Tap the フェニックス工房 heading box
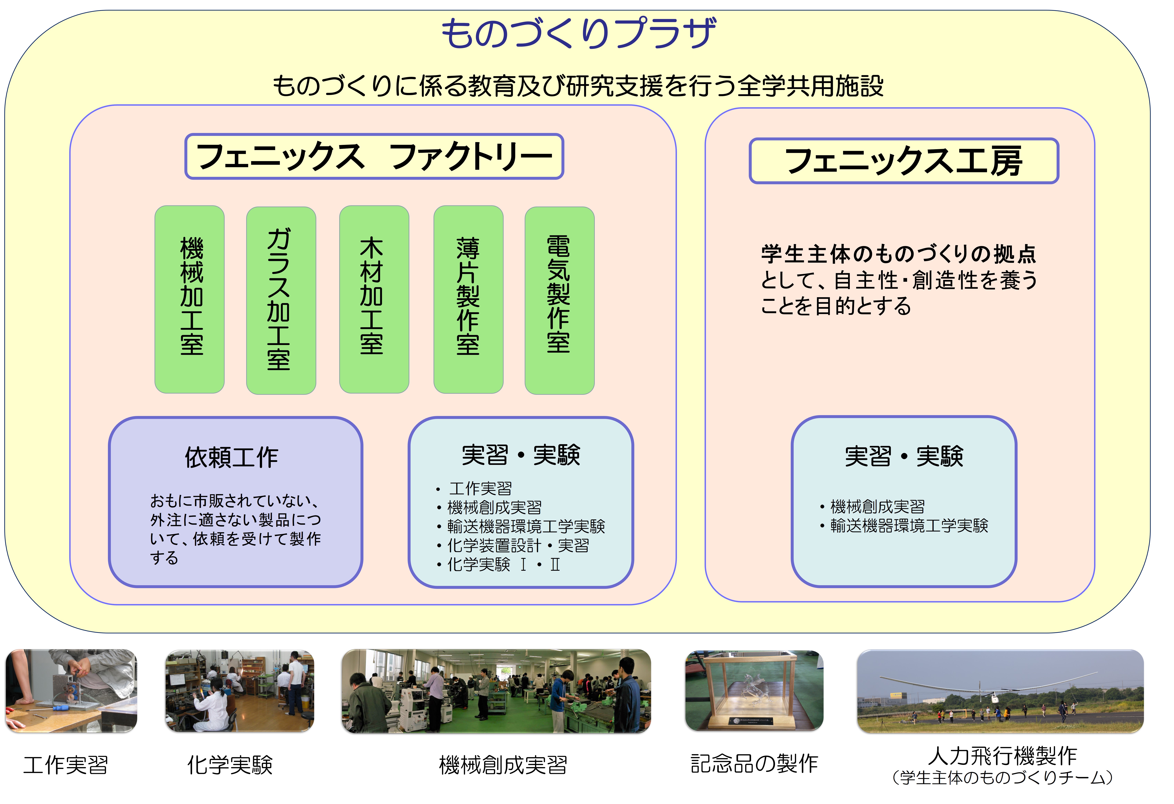pyautogui.click(x=904, y=161)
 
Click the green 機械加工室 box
pyautogui.click(x=189, y=299)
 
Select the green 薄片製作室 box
pyautogui.click(x=468, y=299)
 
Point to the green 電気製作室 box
pyautogui.click(x=560, y=300)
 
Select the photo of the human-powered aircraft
pyautogui.click(x=1000, y=691)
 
